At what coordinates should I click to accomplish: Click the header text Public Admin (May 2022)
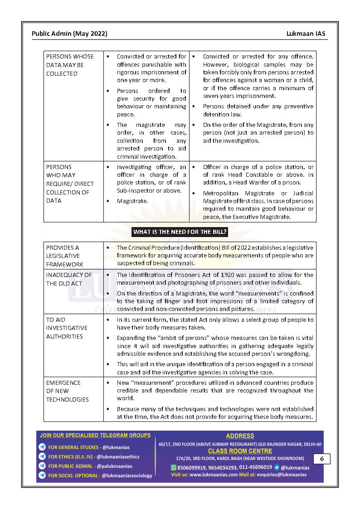69,34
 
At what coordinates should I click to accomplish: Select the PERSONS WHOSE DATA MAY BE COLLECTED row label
70,65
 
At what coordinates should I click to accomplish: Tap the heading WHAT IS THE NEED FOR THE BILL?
180,232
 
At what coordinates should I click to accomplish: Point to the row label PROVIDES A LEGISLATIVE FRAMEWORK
64,256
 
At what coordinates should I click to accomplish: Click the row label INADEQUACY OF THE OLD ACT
69,279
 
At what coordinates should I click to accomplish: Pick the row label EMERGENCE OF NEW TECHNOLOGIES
67,391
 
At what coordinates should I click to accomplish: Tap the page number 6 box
321,459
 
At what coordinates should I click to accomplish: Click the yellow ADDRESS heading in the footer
240,436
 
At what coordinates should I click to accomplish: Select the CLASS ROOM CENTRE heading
240,451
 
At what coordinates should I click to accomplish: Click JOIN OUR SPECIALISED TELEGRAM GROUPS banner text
95,435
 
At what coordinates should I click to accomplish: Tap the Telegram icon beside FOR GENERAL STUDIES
42,447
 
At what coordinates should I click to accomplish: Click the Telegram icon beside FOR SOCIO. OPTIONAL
42,475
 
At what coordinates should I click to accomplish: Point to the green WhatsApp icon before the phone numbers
173,467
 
